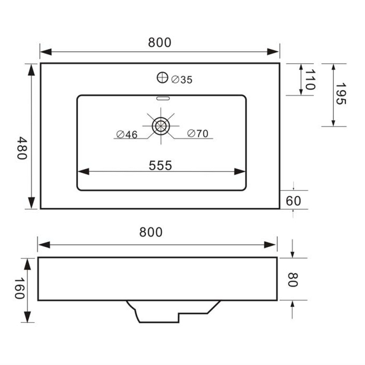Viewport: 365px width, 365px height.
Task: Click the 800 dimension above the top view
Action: (x=159, y=43)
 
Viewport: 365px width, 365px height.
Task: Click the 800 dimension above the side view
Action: (x=151, y=232)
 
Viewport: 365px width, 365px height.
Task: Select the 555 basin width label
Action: (x=161, y=165)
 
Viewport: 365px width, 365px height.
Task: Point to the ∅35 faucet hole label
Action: (x=182, y=80)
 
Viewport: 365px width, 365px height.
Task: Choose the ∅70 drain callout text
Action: (x=198, y=133)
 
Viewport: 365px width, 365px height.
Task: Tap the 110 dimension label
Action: (x=310, y=79)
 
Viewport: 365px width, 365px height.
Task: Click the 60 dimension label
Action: (x=294, y=201)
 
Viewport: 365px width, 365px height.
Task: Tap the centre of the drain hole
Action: (x=161, y=126)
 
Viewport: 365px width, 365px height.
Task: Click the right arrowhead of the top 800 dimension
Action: (x=274, y=52)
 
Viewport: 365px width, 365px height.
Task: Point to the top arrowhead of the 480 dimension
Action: (x=31, y=70)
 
